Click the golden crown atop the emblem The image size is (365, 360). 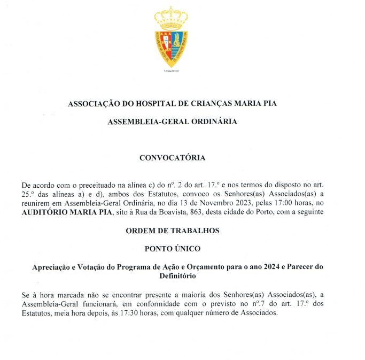171,18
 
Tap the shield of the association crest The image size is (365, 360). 171,48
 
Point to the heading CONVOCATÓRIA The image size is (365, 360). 172,158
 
